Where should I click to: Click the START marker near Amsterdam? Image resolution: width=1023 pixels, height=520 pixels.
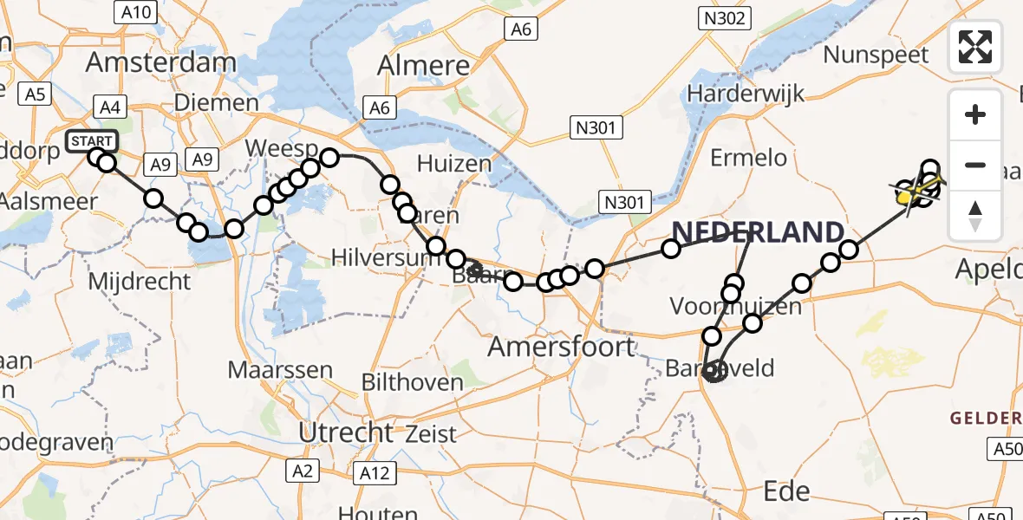[x=90, y=141]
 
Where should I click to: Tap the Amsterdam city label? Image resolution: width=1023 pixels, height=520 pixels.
[x=161, y=62]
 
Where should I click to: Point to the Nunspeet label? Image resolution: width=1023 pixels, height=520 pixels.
[x=876, y=55]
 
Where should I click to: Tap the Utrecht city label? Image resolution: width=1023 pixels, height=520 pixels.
[x=345, y=432]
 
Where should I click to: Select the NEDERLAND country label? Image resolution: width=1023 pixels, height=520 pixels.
[x=758, y=231]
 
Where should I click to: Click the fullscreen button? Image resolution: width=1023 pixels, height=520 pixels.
[x=975, y=46]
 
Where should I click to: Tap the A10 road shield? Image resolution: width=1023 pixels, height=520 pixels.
[x=134, y=12]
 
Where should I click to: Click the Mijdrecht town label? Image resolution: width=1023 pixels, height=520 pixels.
[x=139, y=281]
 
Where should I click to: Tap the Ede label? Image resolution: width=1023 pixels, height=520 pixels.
[x=786, y=492]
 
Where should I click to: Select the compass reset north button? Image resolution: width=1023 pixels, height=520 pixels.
[x=975, y=215]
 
